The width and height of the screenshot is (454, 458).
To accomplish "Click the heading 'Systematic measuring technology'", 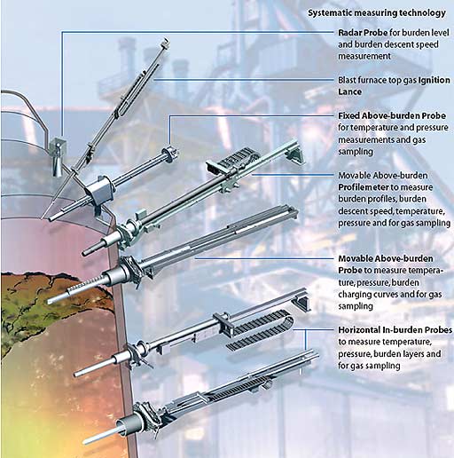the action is tap(377, 13).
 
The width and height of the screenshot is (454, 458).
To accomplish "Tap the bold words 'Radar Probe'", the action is tap(363, 33).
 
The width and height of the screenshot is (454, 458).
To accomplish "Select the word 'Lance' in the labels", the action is tap(350, 91).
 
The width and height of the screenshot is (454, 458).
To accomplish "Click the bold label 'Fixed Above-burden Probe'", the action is tap(392, 115).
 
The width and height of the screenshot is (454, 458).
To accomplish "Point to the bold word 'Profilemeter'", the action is tap(364, 187).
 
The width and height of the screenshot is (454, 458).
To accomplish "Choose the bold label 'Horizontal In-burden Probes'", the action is tap(395, 330).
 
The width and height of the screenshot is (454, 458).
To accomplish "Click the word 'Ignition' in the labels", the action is tap(434, 80).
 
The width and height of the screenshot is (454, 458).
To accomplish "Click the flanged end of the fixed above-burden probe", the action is tap(169, 154).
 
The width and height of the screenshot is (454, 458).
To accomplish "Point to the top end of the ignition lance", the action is tap(166, 43).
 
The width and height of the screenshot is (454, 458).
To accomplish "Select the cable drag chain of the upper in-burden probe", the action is tap(260, 330).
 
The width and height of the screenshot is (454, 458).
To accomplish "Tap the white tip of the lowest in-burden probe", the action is tap(98, 437).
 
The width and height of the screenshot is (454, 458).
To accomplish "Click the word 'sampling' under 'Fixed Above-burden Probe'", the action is tap(356, 152).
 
